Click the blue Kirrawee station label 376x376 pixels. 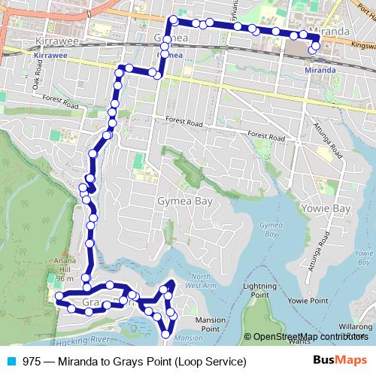(x=50, y=55)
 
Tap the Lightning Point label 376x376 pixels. (x=260, y=291)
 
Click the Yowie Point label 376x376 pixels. (x=308, y=301)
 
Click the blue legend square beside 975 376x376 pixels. (x=12, y=362)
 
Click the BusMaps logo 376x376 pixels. (x=339, y=361)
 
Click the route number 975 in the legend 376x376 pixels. (x=32, y=362)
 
